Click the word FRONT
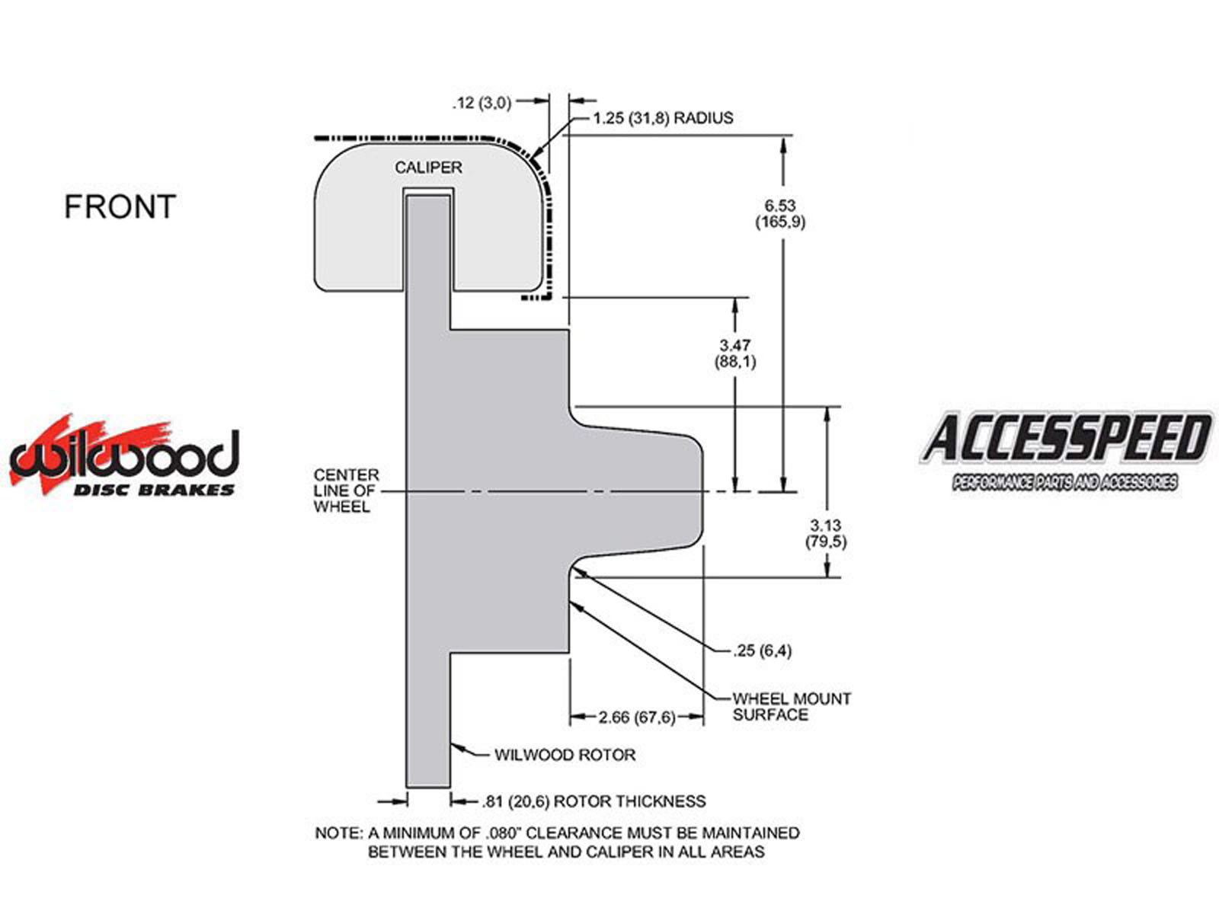(120, 206)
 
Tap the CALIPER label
(428, 167)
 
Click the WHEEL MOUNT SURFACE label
(792, 707)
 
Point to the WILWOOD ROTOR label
(565, 755)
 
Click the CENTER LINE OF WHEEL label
(346, 491)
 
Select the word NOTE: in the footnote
(339, 833)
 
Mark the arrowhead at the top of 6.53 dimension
(783, 145)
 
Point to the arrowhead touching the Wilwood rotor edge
(456, 749)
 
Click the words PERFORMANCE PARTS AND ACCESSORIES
(1064, 481)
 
